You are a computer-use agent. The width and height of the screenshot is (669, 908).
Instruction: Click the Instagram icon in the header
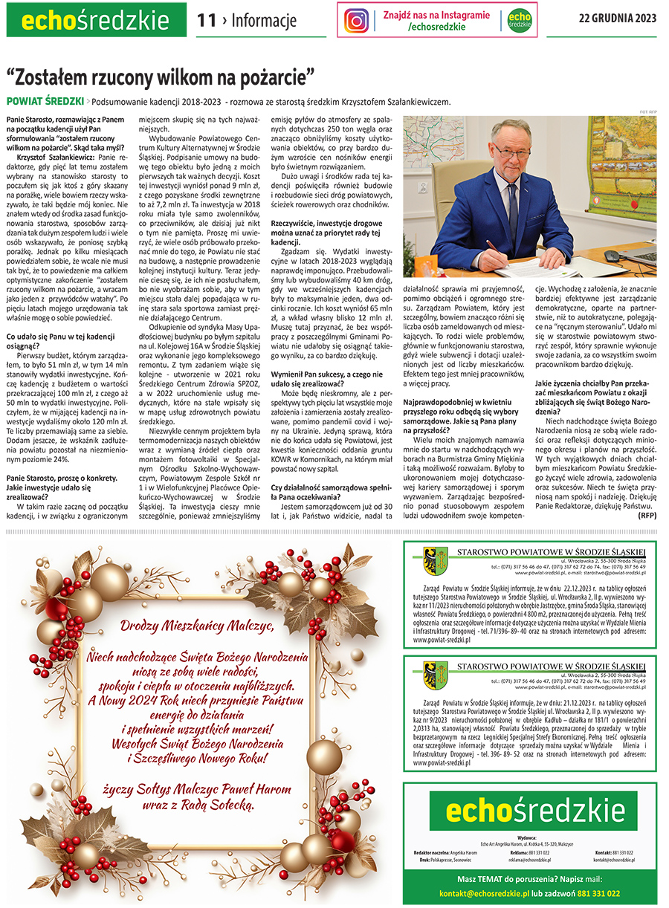click(x=357, y=20)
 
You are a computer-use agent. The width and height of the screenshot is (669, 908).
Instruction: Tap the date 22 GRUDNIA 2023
click(x=618, y=19)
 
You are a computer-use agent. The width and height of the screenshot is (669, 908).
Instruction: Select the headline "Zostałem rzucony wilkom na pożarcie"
click(x=161, y=76)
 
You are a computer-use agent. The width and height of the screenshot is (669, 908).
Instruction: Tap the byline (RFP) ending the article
click(x=647, y=514)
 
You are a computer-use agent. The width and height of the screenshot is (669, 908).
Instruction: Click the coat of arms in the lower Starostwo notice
click(x=434, y=673)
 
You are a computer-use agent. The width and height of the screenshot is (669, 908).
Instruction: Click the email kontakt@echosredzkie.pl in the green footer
click(x=484, y=893)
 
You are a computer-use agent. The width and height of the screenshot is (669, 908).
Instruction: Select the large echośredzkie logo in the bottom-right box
click(x=529, y=813)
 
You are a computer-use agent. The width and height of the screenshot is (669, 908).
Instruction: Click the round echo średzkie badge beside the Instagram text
click(x=520, y=21)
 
